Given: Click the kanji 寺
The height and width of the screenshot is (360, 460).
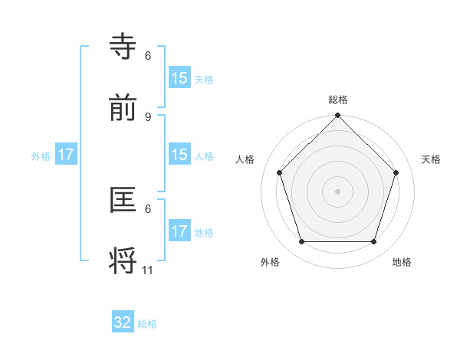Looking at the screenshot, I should coord(125,46).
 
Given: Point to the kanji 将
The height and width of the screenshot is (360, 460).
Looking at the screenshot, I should coord(125,260).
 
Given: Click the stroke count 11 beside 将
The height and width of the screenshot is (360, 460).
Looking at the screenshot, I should coord(148,270).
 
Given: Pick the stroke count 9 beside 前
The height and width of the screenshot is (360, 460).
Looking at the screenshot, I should coord(148,116).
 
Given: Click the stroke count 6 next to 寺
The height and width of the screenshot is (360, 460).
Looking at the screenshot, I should coord(148,55).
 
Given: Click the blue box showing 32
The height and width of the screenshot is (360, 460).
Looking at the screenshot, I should coord(123,322).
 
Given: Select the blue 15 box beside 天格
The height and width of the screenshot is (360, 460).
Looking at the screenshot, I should coord(179,78).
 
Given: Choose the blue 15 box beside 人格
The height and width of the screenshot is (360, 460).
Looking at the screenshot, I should coord(179,155).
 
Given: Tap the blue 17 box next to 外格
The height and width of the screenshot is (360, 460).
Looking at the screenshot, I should coord(66,155).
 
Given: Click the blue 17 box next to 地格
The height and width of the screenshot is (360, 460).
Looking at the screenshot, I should coord(179,231).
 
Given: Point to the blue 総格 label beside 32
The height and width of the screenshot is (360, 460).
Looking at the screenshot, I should coord(147,324).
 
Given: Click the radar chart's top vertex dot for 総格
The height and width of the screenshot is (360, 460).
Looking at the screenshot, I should coord(337,116).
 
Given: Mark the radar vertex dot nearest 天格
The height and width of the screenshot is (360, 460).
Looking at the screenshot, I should coord(396,172).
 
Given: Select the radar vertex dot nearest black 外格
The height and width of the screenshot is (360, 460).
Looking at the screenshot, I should coord(301,242).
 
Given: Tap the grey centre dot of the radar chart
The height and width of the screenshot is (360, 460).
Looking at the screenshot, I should coord(337,191).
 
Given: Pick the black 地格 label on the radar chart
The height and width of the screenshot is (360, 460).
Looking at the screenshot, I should coord(402,262).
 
